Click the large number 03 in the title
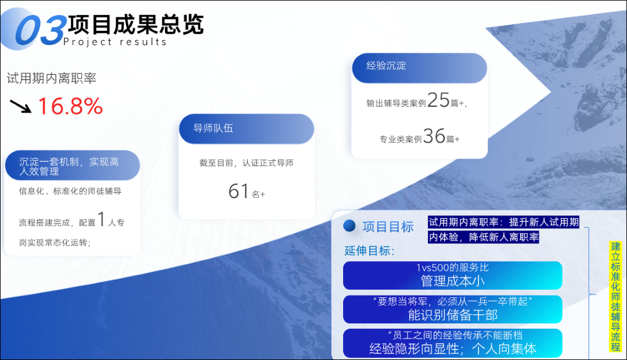tap(41, 30)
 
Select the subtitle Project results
tap(115, 42)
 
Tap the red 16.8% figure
tap(70, 106)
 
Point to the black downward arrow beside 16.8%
tap(20, 106)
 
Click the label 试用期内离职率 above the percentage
tap(52, 78)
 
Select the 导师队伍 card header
tap(246, 128)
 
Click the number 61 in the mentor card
tap(239, 191)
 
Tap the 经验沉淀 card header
tap(420, 68)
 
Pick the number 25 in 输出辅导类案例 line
tap(438, 100)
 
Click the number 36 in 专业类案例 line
tap(434, 136)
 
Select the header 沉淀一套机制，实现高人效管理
tap(73, 165)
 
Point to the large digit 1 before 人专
tap(102, 219)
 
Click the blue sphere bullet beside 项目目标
tap(349, 226)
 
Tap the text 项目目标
tap(388, 227)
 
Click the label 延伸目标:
tap(369, 251)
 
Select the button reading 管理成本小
tap(453, 275)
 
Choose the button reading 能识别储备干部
tap(453, 309)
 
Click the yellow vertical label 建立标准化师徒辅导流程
tap(616, 296)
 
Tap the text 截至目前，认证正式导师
tap(246, 163)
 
